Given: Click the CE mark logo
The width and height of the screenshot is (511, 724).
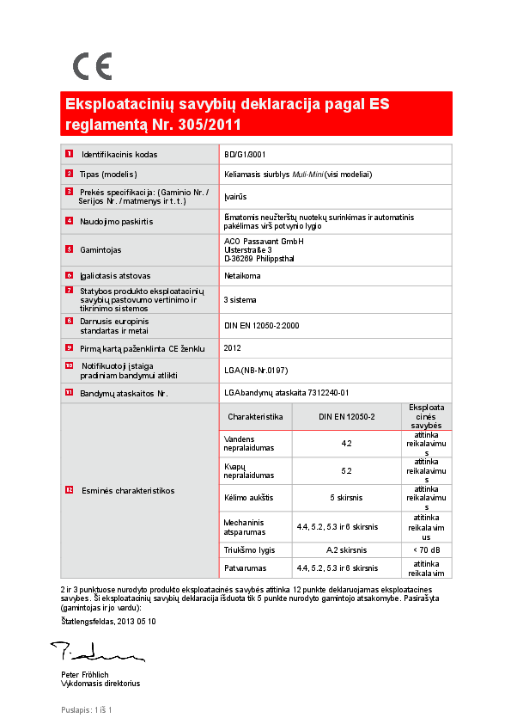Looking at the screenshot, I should click(x=92, y=66).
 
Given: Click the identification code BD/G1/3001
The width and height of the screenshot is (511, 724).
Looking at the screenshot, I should click(x=245, y=155).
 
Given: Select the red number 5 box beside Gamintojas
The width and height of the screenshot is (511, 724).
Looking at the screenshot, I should click(x=69, y=249).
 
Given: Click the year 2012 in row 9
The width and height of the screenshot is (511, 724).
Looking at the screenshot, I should click(x=232, y=348).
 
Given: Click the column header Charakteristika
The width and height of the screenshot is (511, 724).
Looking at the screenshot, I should click(x=255, y=416).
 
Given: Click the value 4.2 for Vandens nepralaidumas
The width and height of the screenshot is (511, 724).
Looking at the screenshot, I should click(x=346, y=444).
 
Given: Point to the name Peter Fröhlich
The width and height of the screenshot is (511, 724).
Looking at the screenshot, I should click(x=85, y=674).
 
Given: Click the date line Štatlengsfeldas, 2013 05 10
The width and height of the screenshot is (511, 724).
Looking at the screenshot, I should click(x=109, y=621).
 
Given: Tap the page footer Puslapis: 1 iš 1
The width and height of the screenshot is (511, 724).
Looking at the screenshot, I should click(x=87, y=709).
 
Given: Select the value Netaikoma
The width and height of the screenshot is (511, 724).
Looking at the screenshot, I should click(x=242, y=276).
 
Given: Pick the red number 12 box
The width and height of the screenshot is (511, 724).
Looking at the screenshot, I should click(x=69, y=489).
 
